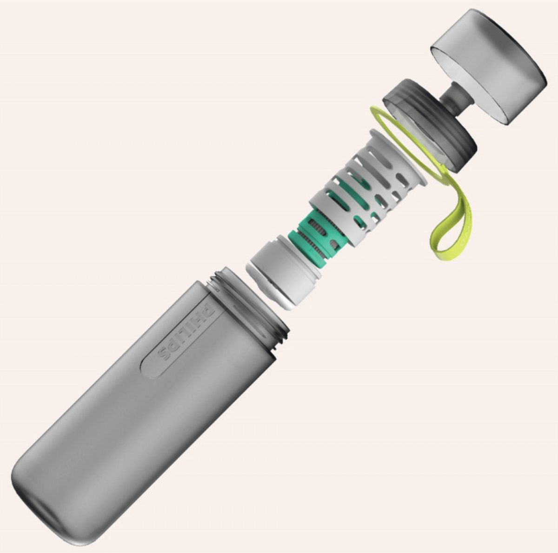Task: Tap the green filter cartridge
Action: [312, 237]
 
